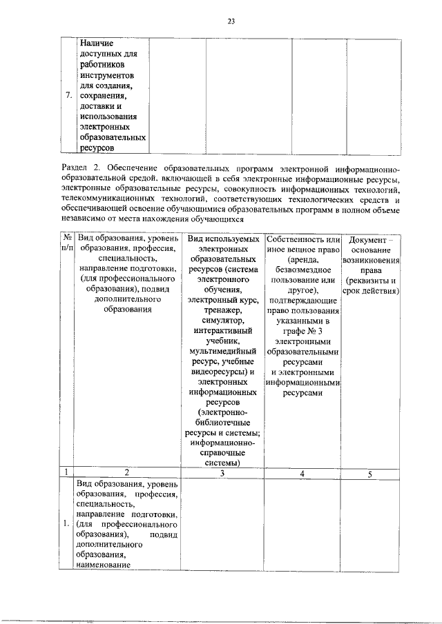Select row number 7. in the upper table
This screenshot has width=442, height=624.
click(x=68, y=95)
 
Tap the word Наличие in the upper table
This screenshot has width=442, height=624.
click(x=96, y=43)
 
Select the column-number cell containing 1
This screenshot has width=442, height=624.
click(x=66, y=473)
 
